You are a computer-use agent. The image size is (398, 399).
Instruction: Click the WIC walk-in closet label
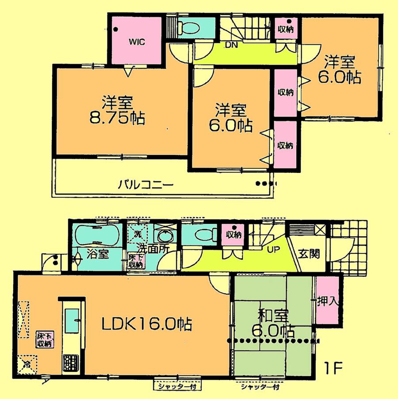pyautogui.click(x=137, y=42)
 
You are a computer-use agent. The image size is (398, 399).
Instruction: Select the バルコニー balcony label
pyautogui.click(x=145, y=184)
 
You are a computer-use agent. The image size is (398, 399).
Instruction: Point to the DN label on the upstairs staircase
pyautogui.click(x=230, y=45)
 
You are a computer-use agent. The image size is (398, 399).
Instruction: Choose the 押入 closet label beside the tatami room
pyautogui.click(x=328, y=301)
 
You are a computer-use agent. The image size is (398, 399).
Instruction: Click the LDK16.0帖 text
pyautogui.click(x=146, y=326)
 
